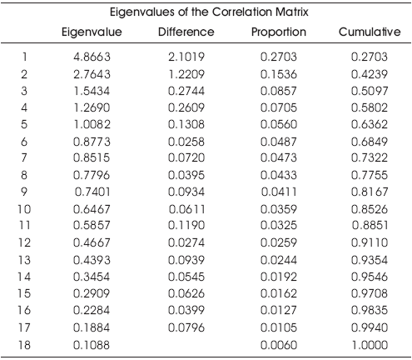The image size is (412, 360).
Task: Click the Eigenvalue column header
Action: pos(92,32)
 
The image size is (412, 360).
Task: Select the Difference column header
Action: pos(186,32)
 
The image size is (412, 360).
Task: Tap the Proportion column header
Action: pos(279,32)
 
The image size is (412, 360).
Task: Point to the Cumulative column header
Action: pos(370,32)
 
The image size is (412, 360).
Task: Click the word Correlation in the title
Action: pos(242,12)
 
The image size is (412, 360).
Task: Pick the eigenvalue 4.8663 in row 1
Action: pos(92,57)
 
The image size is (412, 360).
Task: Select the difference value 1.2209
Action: pos(186,74)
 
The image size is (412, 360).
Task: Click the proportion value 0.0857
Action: pos(279,91)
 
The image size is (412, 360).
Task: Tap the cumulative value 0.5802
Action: pos(370,107)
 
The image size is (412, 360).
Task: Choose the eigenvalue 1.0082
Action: pos(92,124)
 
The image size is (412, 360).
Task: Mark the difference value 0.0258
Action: pos(186,142)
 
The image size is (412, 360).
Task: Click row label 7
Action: pos(24,157)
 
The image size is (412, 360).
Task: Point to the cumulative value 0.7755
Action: pos(370,175)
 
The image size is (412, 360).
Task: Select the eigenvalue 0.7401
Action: pos(92,192)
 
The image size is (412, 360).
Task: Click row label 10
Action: pos(24,209)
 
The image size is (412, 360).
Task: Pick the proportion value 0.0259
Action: pos(279,242)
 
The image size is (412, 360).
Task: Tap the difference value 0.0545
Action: pos(186,277)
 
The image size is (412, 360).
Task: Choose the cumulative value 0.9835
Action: pos(370,310)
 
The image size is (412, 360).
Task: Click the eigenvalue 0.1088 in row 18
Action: pos(92,345)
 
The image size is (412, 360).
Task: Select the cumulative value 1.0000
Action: pos(370,345)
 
